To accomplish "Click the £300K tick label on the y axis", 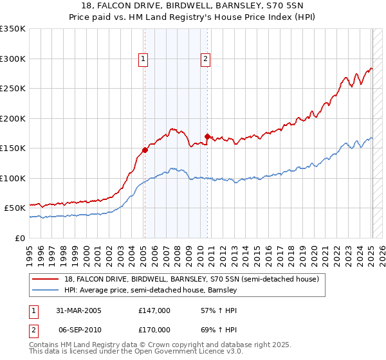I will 13,59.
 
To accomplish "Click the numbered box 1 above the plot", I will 143,59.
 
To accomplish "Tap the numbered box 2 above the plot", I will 205,59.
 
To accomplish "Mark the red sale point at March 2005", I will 145,150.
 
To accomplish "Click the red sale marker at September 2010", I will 207,136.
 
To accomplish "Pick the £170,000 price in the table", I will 154,329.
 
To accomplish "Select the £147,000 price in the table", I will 154,310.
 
